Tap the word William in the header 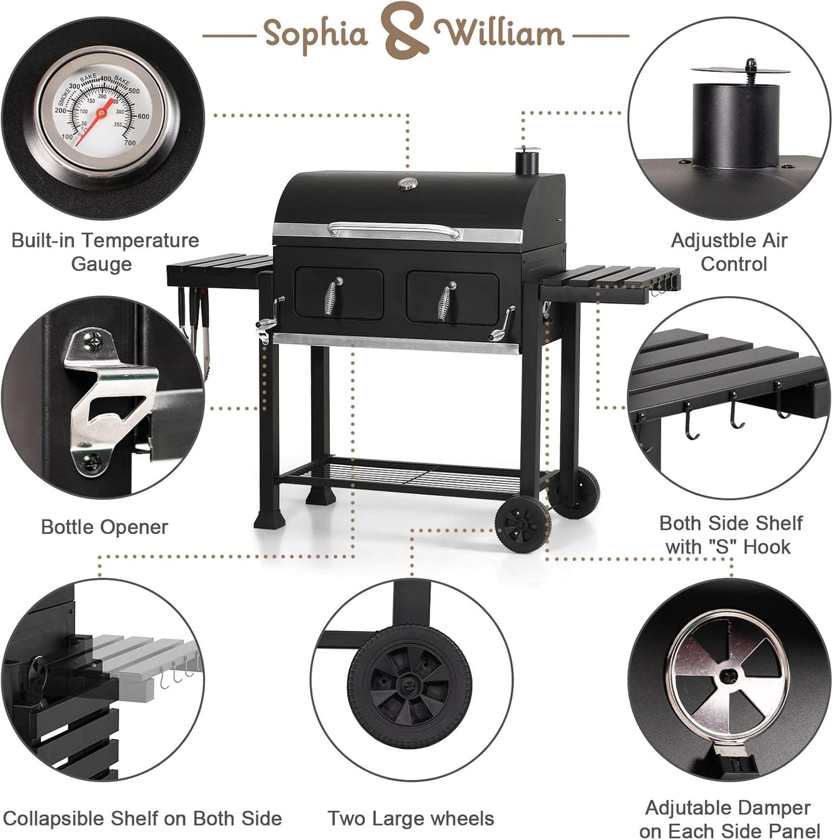(x=499, y=33)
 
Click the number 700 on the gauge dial (x=130, y=142)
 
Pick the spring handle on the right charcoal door (x=446, y=301)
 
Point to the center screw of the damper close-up (x=729, y=673)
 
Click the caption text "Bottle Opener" (x=104, y=527)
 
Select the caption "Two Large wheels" (x=410, y=818)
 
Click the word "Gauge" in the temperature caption (x=101, y=264)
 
